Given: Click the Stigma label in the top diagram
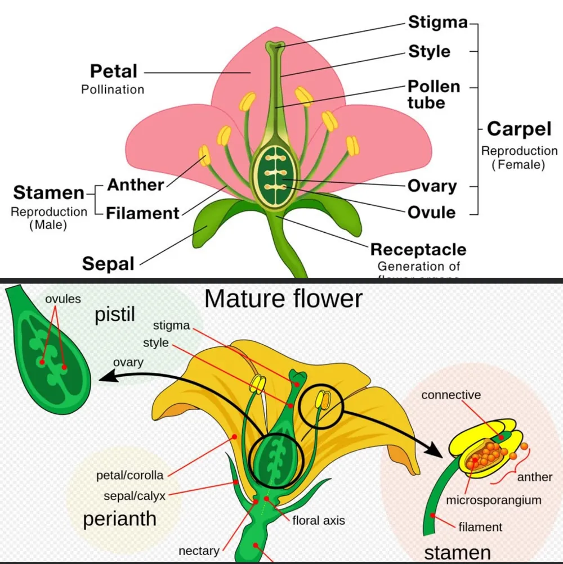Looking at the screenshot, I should click(437, 22).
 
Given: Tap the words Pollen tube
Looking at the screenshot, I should click(434, 94).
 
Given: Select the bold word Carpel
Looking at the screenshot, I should click(519, 129).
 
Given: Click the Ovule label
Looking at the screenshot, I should click(431, 212).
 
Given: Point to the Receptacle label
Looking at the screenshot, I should click(418, 249).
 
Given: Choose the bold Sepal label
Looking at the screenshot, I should click(108, 263).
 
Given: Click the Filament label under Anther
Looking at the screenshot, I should click(142, 213).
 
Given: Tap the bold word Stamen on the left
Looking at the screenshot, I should click(48, 192).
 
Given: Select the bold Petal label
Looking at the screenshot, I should click(113, 71).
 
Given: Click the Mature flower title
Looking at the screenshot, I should click(283, 299).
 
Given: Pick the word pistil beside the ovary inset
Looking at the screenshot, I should click(115, 315).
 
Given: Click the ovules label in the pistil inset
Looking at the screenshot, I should click(63, 299).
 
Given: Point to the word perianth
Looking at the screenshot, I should click(119, 518).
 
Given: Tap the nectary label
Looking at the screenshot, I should click(198, 551).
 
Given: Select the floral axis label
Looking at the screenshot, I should click(318, 520).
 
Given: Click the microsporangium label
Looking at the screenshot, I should click(493, 500).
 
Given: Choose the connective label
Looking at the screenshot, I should click(451, 395).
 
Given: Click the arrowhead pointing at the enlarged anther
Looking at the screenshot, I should click(435, 450).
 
